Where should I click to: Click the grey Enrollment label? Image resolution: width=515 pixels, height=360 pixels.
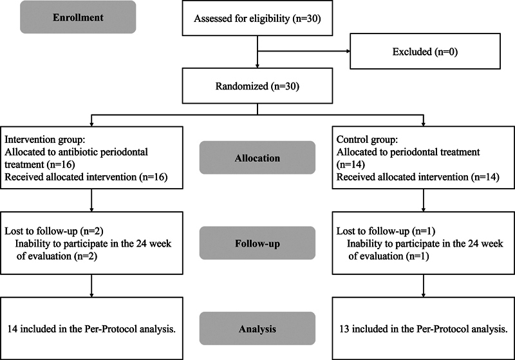pos(78,17)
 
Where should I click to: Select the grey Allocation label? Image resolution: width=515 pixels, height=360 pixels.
pos(257,158)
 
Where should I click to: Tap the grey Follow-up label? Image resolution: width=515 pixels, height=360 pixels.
pos(257,243)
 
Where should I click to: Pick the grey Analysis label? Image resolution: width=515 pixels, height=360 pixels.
pos(257,328)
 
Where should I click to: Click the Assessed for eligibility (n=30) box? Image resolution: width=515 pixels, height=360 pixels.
pos(257,18)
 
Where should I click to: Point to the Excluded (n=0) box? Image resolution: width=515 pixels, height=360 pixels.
pos(425,52)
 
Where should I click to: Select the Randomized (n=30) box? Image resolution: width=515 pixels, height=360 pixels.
pos(257,86)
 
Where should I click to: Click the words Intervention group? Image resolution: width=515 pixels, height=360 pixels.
pos(44,140)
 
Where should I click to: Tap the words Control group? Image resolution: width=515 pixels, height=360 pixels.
pos(367,140)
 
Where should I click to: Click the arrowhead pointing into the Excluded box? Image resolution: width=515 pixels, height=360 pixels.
pos(348,52)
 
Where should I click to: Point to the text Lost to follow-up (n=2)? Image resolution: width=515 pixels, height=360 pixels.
pos(54,231)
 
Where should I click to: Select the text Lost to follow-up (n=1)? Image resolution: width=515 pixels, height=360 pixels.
pos(386,231)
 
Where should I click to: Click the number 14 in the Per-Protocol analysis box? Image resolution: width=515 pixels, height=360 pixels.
pos(12,329)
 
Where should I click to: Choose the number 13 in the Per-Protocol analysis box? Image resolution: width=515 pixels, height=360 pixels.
pos(344,329)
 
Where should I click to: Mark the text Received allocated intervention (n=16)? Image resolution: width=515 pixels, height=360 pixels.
pos(86,177)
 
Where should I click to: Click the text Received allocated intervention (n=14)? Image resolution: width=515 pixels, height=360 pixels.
pos(418,177)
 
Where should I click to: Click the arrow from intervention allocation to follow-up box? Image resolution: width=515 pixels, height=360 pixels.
pos(91,200)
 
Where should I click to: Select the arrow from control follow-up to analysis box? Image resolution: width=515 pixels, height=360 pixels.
pos(424,286)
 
